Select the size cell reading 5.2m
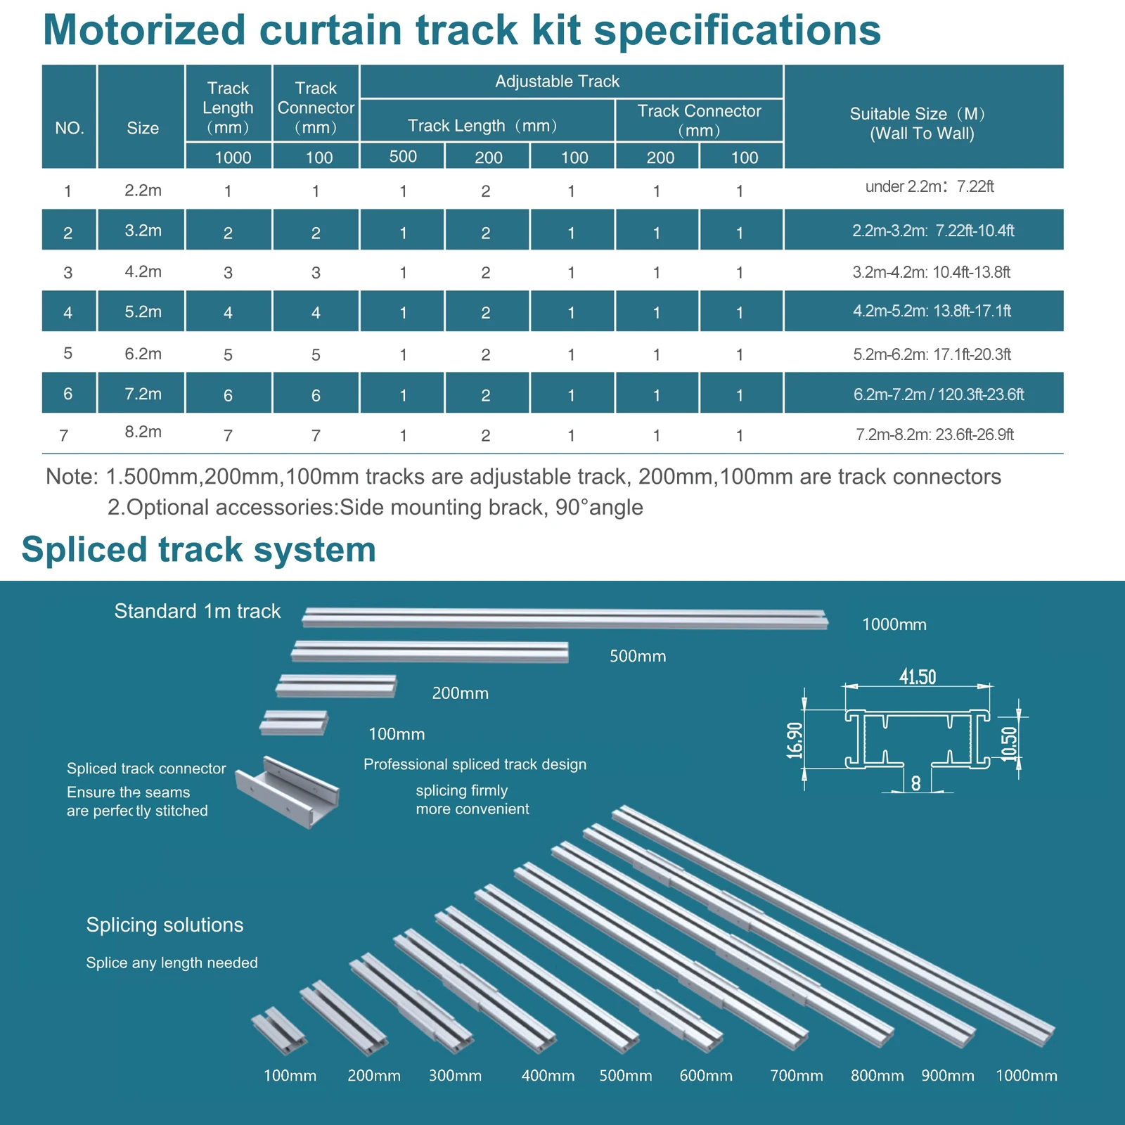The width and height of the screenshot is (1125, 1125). pos(143,311)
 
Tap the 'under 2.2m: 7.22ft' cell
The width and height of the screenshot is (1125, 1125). pos(930,186)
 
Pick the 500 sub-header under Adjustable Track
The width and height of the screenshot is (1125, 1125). pos(403,156)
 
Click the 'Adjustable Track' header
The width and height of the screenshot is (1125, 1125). pos(557,82)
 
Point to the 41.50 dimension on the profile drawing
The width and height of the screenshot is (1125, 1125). pos(918,677)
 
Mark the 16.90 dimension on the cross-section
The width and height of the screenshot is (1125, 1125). pos(795,740)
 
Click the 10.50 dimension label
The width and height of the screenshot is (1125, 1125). pos(1009,743)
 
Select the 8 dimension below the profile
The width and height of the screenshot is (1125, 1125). pos(915,783)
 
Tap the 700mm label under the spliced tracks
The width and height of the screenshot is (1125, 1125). pos(796,1076)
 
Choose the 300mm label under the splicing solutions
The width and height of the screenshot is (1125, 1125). pos(455,1076)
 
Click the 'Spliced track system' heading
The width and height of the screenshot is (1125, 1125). pos(199,549)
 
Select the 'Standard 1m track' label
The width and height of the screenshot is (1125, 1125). pos(198,611)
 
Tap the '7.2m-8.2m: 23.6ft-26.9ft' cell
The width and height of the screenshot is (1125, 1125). pos(934,435)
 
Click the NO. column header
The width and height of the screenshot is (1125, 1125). pos(69,128)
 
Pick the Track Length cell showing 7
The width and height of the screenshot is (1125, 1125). pos(228,435)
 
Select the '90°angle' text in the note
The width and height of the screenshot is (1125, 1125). pos(599,507)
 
